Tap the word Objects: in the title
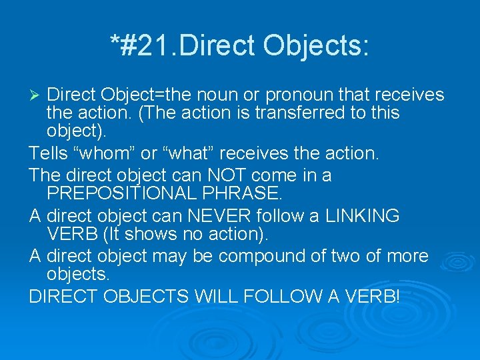[x=316, y=45]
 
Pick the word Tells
[x=49, y=154]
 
